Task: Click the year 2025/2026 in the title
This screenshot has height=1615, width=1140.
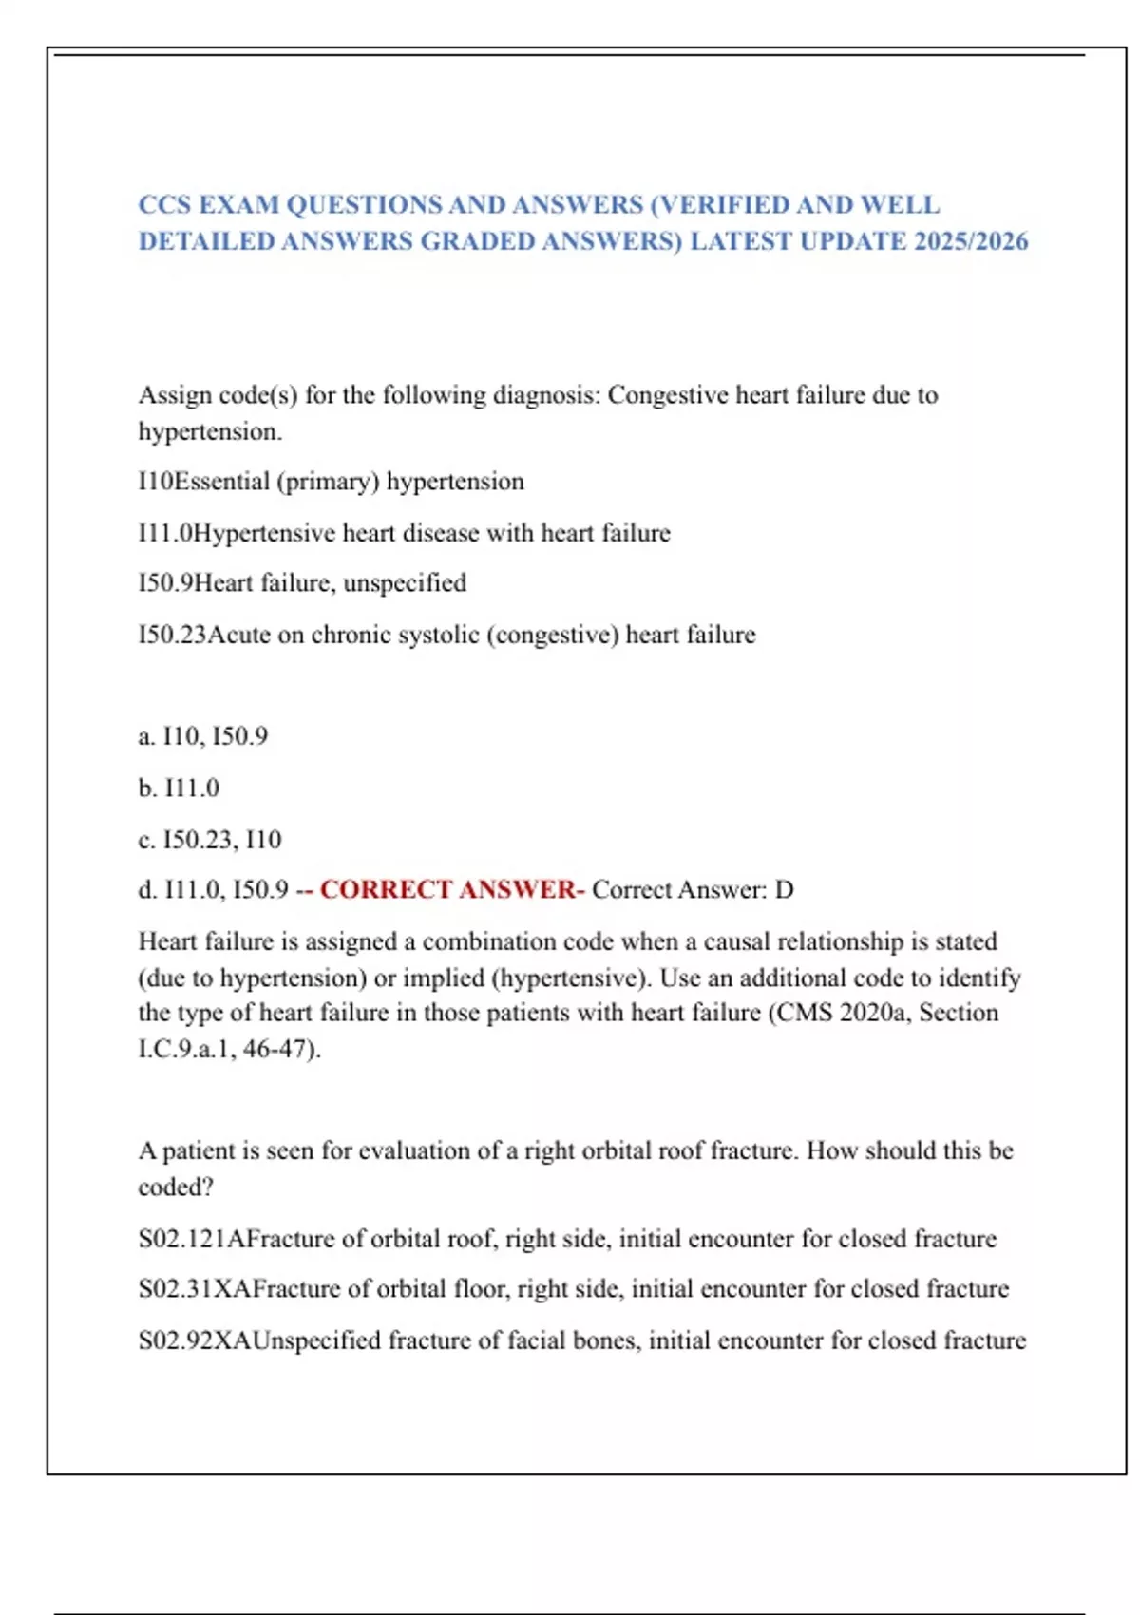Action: click(971, 241)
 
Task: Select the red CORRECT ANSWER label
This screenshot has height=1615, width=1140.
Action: click(451, 890)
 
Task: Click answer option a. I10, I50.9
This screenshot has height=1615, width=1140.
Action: click(203, 736)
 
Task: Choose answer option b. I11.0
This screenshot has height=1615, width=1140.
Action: click(179, 788)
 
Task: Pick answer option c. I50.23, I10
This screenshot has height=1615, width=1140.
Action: click(210, 840)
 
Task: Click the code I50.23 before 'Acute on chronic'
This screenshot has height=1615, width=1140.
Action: click(172, 635)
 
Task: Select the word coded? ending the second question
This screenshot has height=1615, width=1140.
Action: click(176, 1187)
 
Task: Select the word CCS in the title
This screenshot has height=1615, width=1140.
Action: click(164, 205)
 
